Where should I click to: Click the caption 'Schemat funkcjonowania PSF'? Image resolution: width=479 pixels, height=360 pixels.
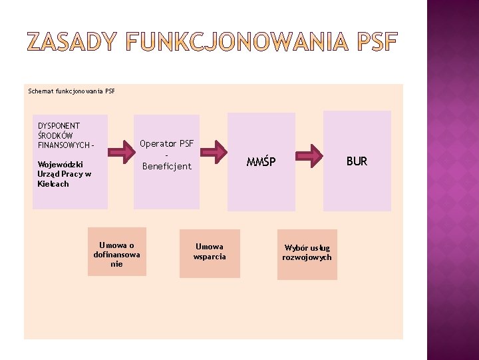72,91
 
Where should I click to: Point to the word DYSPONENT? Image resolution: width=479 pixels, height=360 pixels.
59,125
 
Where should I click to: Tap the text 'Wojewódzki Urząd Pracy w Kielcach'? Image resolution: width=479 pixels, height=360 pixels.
64,174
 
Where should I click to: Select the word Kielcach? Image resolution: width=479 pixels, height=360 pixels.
53,184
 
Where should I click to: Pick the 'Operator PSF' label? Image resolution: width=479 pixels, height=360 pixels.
167,143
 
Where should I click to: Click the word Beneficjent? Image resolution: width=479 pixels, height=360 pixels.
167,166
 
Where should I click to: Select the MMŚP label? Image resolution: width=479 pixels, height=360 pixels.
261,161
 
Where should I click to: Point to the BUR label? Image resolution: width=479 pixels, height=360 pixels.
357,161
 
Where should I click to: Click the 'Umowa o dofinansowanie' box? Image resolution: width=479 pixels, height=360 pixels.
116,254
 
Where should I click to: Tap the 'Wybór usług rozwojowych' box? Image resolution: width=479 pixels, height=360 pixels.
307,253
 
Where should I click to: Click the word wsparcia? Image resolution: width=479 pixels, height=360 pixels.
210,257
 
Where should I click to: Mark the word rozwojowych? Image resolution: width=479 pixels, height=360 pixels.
307,257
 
